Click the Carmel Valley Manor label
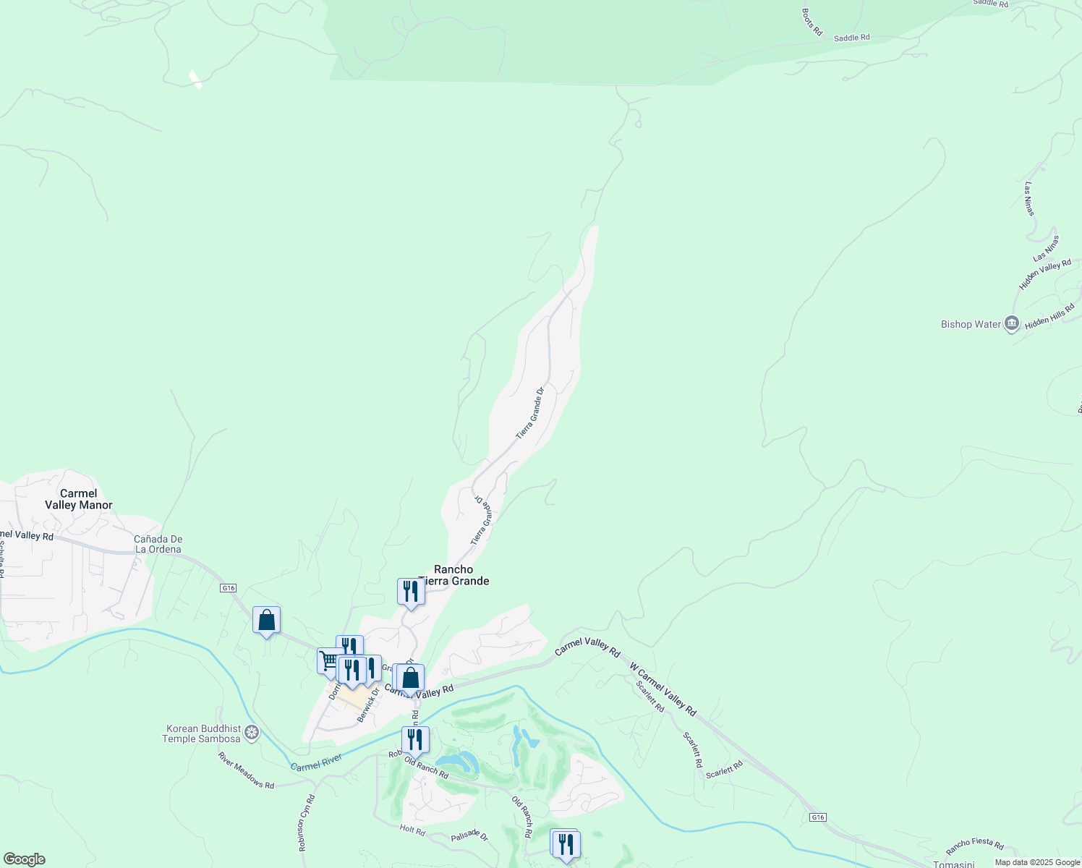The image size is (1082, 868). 78,499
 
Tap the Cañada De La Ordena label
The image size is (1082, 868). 158,544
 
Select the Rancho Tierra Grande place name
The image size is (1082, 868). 454,575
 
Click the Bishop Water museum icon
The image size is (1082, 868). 1012,323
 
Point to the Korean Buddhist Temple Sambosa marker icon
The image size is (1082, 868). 252,733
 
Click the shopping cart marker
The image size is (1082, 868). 329,660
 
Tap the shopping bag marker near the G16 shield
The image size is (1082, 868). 266,621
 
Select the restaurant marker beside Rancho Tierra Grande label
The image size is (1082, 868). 410,592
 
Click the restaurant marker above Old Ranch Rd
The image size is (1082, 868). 415,739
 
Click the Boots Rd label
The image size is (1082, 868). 811,22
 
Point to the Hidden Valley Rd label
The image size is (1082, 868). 1045,275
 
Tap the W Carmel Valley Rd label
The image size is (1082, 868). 663,689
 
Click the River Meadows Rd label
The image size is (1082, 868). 246,770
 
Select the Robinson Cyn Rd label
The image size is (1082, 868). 307,823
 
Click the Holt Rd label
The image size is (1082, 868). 412,830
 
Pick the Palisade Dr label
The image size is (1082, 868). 469,835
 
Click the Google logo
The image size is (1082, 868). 23,859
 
